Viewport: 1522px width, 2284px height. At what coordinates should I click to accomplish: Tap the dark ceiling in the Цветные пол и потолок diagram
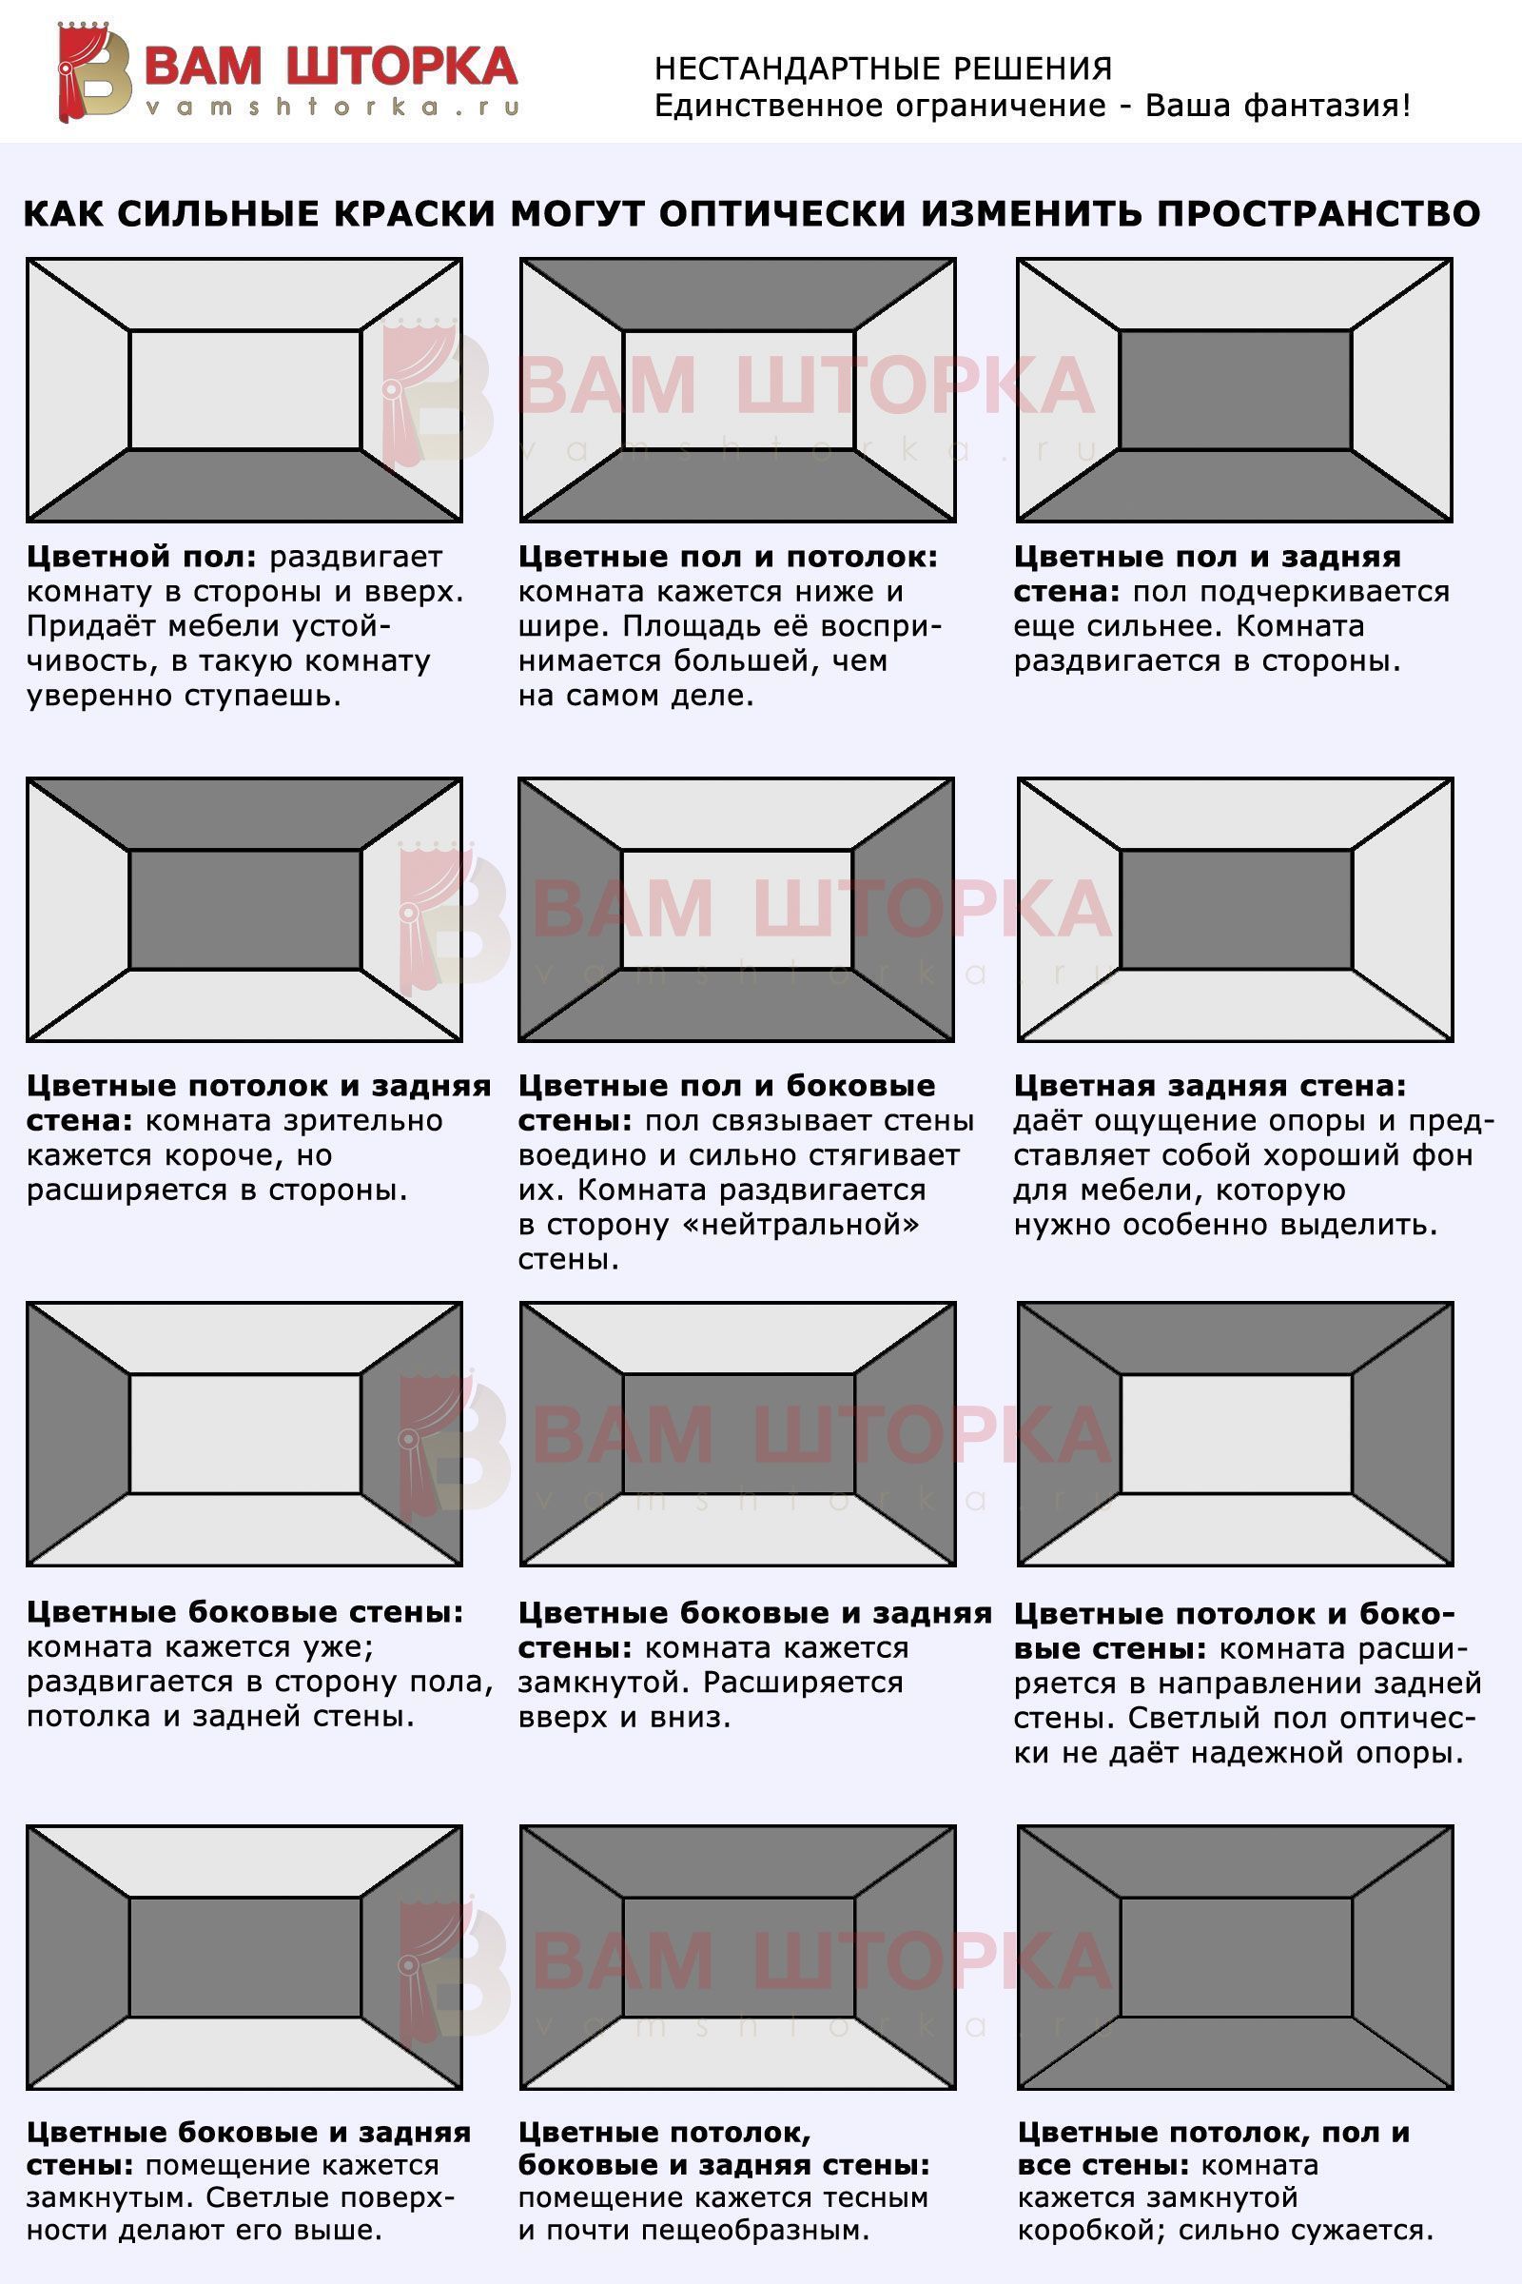[738, 295]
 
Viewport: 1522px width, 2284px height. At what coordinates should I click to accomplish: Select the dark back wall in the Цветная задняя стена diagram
[1236, 910]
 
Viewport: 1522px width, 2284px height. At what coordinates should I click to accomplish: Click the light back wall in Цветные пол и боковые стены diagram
[736, 909]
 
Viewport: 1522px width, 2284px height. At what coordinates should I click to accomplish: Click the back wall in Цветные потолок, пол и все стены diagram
[1236, 1957]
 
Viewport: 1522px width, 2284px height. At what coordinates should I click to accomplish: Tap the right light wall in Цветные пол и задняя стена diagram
[1401, 390]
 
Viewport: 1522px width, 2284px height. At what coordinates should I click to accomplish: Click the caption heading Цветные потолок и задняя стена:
[259, 1102]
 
